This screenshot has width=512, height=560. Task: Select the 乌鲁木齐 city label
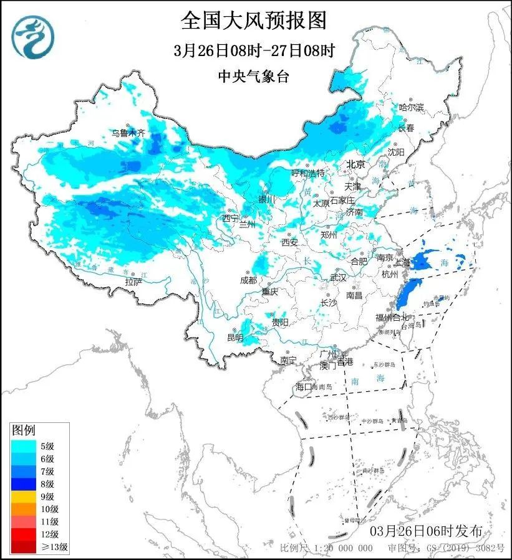coord(128,133)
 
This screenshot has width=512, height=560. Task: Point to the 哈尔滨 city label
coord(411,108)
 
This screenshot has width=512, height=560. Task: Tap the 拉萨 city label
coord(133,282)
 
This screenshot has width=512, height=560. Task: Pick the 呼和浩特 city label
coord(308,173)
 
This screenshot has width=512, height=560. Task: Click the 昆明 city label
coord(235,338)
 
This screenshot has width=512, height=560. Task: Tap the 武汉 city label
coord(337,278)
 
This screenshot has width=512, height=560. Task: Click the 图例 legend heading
coord(24,430)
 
